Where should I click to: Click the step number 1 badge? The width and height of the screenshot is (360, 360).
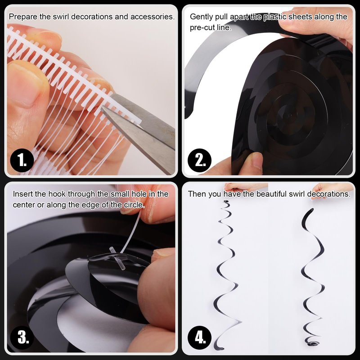tap(22, 160)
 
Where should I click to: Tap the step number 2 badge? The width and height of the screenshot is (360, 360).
tap(199, 160)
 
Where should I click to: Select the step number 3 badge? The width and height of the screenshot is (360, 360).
tap(22, 337)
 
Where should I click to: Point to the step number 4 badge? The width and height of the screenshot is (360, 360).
tap(199, 337)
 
